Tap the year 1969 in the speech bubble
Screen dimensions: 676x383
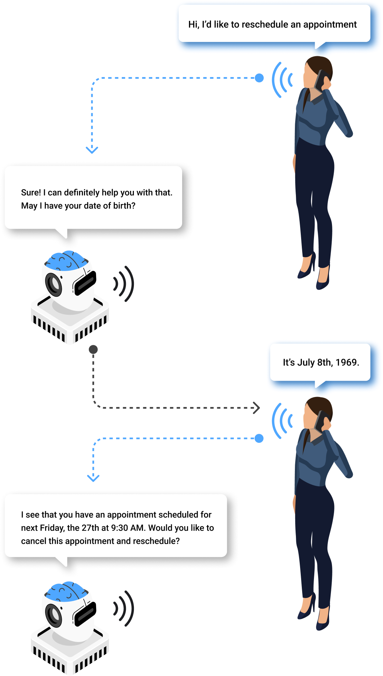point(347,362)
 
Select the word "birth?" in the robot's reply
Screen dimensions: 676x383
point(124,206)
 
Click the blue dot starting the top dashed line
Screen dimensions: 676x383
point(259,78)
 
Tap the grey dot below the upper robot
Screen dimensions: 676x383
point(93,349)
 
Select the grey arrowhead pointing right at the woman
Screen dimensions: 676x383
point(256,408)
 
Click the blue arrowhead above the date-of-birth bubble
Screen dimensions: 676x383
point(92,150)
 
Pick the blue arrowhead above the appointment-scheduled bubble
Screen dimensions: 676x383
point(93,478)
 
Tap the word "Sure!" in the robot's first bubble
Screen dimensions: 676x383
point(31,193)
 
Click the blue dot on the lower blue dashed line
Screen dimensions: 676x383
point(259,438)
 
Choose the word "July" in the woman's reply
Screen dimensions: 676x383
point(306,362)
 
